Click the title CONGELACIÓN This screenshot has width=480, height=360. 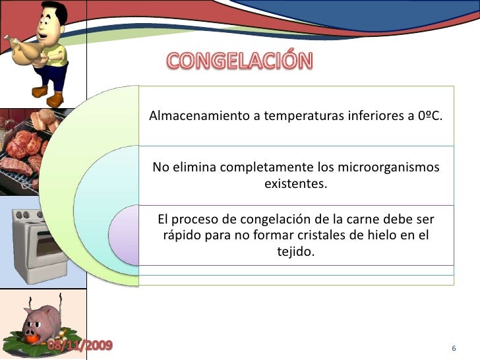click(239, 61)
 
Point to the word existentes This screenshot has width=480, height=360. click(295, 183)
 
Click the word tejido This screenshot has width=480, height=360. click(295, 251)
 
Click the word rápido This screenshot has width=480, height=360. click(179, 235)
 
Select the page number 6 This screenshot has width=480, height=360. click(454, 347)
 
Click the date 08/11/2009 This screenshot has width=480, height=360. click(79, 345)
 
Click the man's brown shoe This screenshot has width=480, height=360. click(56, 99)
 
